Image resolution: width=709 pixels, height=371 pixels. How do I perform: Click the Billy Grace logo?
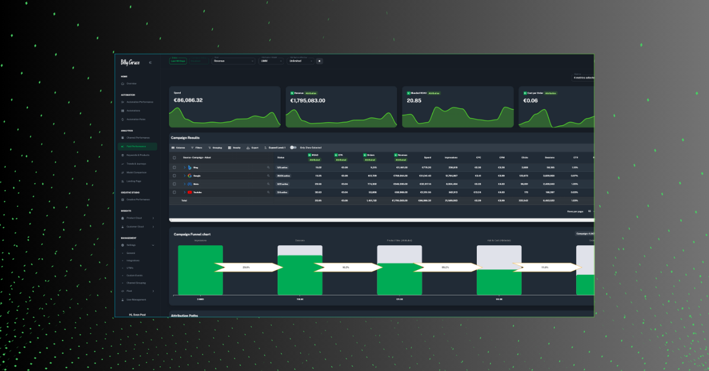click(x=130, y=62)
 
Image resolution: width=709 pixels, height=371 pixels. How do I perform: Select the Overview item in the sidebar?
click(x=131, y=83)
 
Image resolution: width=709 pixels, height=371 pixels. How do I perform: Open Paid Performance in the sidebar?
click(x=136, y=146)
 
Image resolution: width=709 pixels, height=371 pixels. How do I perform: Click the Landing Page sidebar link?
click(x=134, y=181)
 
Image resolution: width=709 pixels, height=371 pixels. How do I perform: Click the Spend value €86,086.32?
click(x=188, y=100)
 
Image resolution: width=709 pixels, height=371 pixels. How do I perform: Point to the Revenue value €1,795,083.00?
click(x=307, y=100)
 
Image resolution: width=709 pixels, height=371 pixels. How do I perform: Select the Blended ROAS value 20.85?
click(x=414, y=100)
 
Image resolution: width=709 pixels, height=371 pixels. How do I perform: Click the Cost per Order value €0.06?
click(x=531, y=100)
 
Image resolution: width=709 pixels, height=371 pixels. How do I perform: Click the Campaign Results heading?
click(x=186, y=138)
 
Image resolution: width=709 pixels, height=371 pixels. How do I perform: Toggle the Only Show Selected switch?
click(x=293, y=147)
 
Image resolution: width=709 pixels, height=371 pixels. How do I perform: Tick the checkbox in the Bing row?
click(x=174, y=167)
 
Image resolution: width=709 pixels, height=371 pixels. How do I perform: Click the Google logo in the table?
click(x=189, y=175)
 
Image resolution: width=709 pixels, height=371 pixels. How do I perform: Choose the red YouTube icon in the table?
click(x=190, y=192)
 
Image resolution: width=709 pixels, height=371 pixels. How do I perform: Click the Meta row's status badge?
click(x=282, y=184)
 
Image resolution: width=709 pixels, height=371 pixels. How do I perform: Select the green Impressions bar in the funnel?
click(x=200, y=270)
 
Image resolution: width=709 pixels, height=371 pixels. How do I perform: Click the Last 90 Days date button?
click(x=178, y=61)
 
